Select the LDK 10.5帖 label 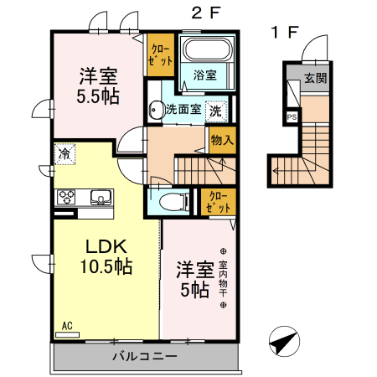[105, 256]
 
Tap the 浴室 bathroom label [205, 75]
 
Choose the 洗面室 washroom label [182, 109]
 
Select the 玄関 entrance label [315, 79]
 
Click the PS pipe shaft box [292, 116]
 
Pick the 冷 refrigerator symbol [65, 153]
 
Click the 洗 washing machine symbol [216, 110]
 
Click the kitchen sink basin [101, 199]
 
